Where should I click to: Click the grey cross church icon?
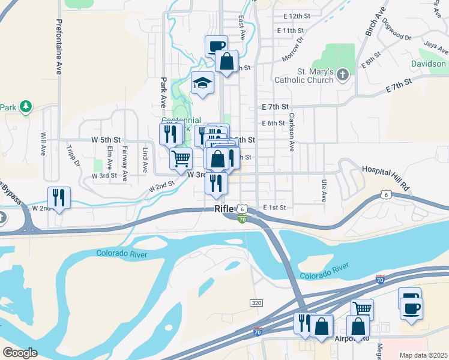(342, 74)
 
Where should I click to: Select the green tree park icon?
(25, 107)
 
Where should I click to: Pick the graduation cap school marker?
(203, 83)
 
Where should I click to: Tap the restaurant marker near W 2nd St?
(59, 198)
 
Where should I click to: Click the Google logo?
(20, 352)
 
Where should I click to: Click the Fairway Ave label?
(124, 164)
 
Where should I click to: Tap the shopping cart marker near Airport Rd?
(361, 309)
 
